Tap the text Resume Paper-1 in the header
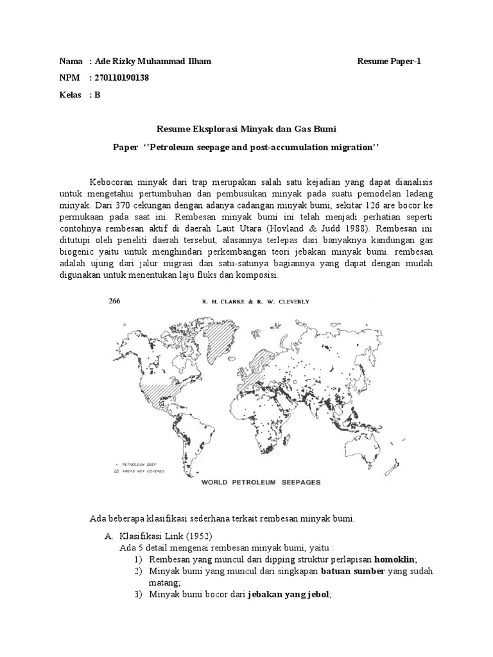[x=389, y=61]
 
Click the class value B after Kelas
[x=98, y=95]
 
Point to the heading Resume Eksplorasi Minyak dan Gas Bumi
[x=246, y=130]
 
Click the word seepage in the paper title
[x=216, y=147]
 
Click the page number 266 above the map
[x=115, y=300]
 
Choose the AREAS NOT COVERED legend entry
[x=142, y=470]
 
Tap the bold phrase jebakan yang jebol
[x=289, y=595]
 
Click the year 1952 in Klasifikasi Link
[x=198, y=536]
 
